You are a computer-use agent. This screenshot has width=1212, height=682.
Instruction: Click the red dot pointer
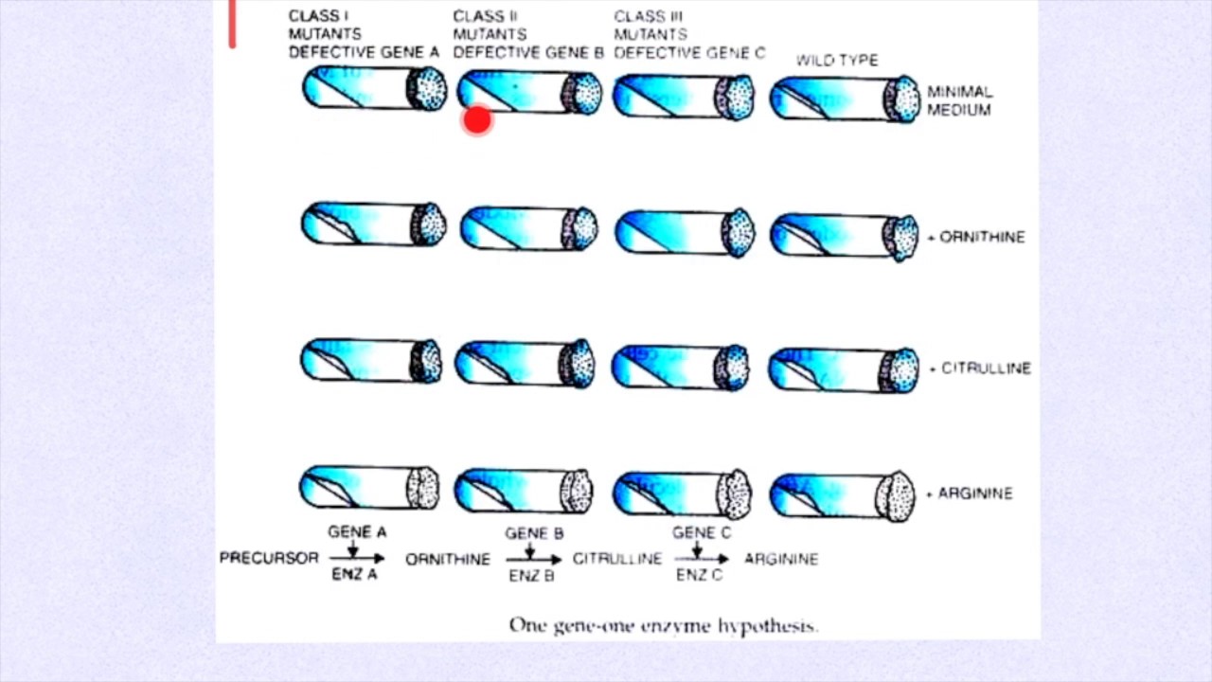pos(477,120)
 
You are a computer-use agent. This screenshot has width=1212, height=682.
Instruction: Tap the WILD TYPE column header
pos(836,60)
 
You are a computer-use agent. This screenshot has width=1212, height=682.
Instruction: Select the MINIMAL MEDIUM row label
pos(959,100)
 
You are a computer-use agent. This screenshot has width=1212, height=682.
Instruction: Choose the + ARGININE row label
pos(969,494)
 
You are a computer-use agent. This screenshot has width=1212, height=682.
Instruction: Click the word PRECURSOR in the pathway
pos(269,558)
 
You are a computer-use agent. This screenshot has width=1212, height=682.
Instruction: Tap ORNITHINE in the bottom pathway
pos(448,560)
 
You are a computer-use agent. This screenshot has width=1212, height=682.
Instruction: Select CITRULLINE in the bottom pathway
pos(616,559)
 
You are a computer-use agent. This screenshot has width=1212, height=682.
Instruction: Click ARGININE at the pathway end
pos(781,559)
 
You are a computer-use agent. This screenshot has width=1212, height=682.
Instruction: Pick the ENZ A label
pos(353,575)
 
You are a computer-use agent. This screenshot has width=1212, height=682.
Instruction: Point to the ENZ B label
pos(531,575)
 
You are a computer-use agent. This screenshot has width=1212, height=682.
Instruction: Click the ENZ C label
pos(699,575)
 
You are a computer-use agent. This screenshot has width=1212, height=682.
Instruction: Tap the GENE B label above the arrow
pos(534,534)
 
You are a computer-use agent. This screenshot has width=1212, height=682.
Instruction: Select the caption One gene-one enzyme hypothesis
pos(663,625)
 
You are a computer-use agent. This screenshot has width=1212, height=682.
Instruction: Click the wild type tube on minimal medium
pos(844,99)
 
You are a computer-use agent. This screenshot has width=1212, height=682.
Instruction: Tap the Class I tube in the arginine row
pos(370,488)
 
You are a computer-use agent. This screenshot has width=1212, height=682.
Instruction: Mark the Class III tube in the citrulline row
pos(682,368)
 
